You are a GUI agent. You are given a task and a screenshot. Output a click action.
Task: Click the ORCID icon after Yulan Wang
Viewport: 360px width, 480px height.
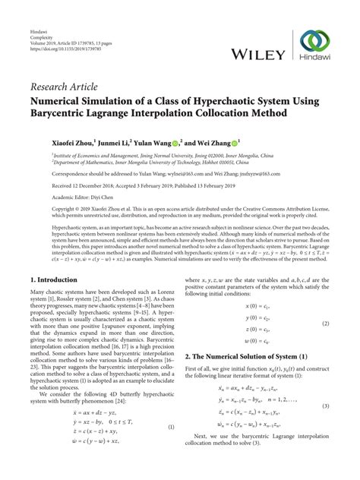[174, 141]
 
